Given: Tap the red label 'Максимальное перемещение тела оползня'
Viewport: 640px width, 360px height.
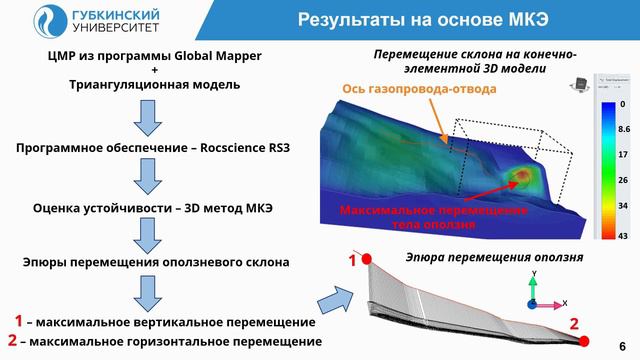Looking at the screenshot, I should click(x=433, y=217).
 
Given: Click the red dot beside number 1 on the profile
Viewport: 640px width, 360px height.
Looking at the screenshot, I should click(x=368, y=260).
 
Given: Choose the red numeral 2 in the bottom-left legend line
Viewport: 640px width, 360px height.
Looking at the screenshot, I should click(x=12, y=341).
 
